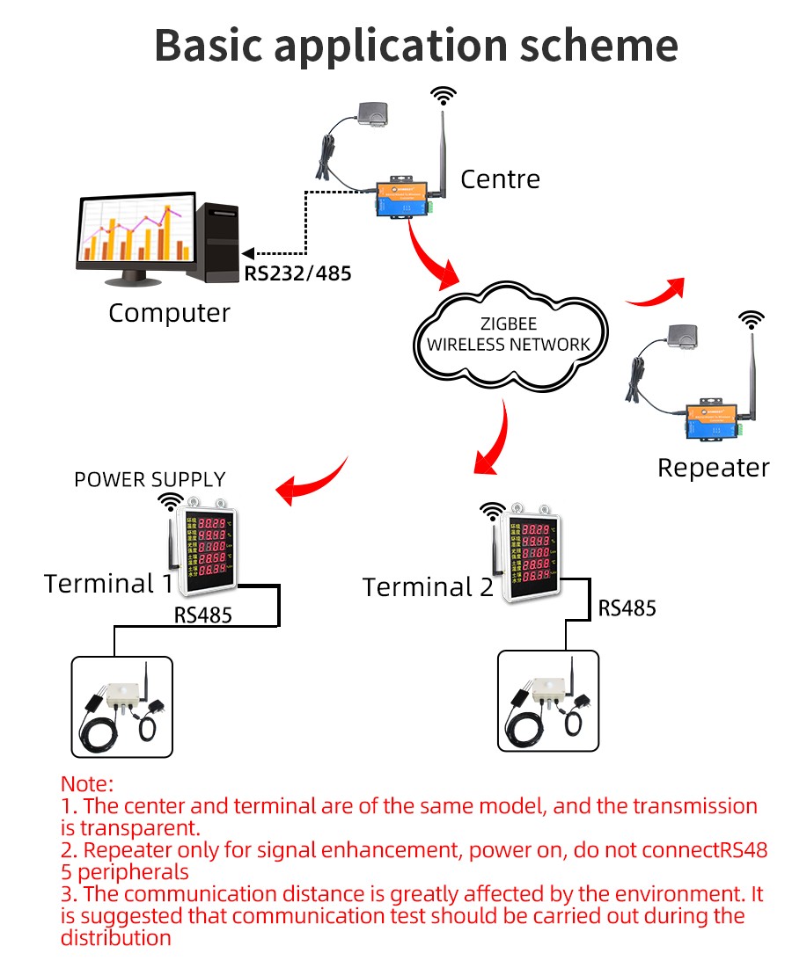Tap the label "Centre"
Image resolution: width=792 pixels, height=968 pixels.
point(500,179)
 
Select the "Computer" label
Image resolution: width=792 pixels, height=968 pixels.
point(169,313)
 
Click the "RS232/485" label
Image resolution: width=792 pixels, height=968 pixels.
point(297,273)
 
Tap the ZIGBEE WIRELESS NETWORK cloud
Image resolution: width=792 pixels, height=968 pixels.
point(508,335)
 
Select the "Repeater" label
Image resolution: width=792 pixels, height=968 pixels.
point(713,468)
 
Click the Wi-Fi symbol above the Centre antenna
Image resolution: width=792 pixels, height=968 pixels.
point(443,94)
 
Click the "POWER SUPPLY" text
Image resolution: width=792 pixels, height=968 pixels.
point(150,480)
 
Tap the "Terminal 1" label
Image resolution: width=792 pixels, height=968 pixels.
point(109,584)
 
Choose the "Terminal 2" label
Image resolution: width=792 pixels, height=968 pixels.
point(428,587)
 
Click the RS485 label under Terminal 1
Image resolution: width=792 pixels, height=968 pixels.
point(202,615)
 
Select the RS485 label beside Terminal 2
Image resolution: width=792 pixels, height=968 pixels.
point(627,608)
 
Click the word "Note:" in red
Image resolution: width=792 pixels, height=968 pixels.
point(87,783)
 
